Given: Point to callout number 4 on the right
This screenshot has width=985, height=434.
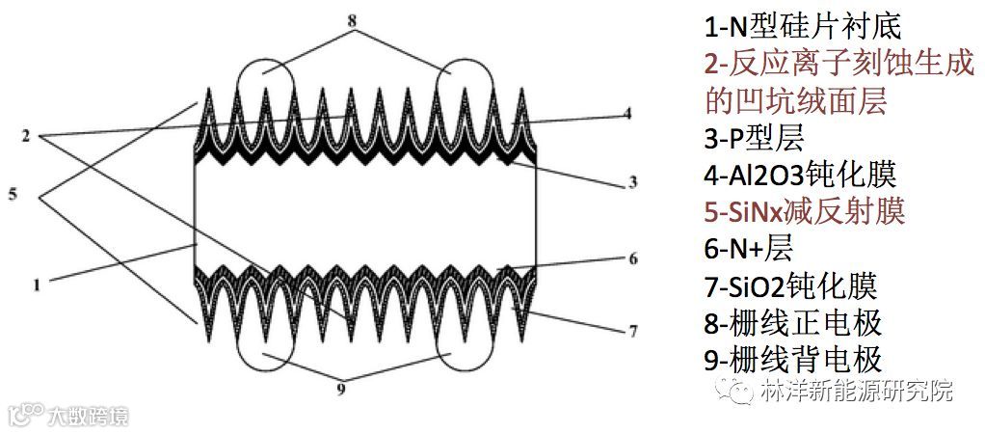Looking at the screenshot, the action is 626,113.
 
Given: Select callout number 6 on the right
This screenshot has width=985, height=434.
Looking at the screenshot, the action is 633,258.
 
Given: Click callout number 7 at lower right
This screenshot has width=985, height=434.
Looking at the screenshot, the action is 633,332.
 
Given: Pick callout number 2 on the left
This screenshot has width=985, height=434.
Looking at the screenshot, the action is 26,133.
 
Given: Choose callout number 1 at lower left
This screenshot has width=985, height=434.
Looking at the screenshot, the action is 36,285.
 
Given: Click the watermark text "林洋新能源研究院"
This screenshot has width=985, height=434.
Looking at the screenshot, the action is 856,392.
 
